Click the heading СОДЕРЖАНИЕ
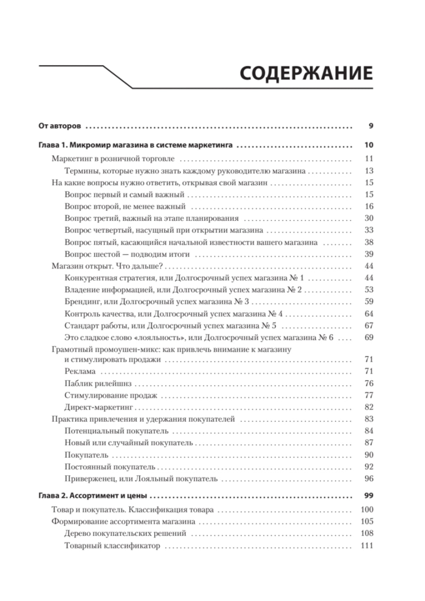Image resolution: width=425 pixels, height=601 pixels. pyautogui.click(x=306, y=73)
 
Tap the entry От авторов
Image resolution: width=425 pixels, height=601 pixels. pyautogui.click(x=59, y=126)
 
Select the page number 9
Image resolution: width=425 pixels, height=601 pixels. pyautogui.click(x=371, y=126)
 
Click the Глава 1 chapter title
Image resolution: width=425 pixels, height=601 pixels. pyautogui.click(x=135, y=145)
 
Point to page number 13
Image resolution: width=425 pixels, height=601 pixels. pyautogui.click(x=369, y=171)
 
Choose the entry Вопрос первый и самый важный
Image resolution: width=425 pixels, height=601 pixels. pyautogui.click(x=125, y=195)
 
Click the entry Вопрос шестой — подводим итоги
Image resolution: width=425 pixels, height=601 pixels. pyautogui.click(x=127, y=254)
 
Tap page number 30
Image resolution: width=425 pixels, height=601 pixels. pyautogui.click(x=369, y=218)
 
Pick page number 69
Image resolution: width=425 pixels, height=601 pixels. pyautogui.click(x=369, y=337)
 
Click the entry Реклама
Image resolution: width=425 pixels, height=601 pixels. pyautogui.click(x=80, y=371)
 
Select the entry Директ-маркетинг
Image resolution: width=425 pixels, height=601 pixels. pyautogui.click(x=99, y=407)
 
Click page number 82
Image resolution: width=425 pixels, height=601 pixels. pyautogui.click(x=369, y=407)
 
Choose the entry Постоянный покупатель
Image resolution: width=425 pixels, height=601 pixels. pyautogui.click(x=110, y=467)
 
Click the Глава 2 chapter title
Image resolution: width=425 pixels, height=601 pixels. pyautogui.click(x=93, y=496)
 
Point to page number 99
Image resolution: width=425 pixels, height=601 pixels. pyautogui.click(x=368, y=496)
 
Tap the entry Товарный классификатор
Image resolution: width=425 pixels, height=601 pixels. pyautogui.click(x=112, y=546)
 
